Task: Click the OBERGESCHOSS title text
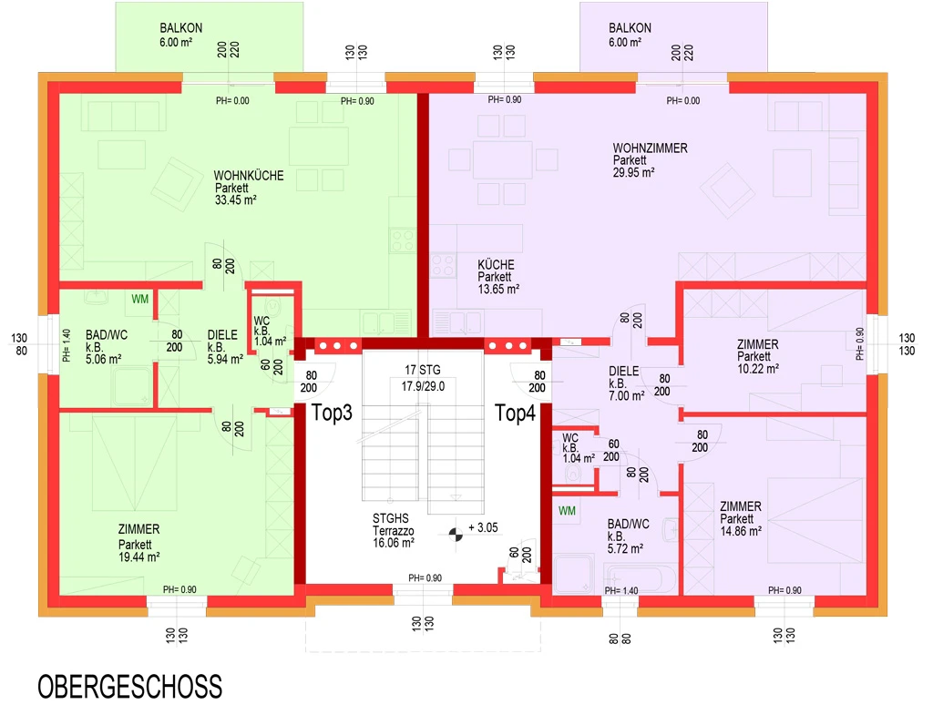(129, 687)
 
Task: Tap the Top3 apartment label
(332, 413)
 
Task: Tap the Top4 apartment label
(516, 413)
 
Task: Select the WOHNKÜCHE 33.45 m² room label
(248, 188)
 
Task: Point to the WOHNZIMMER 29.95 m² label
(650, 160)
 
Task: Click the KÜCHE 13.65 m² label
(498, 277)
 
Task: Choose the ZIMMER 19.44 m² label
(138, 543)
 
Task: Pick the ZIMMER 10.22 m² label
(757, 356)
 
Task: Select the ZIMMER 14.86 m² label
(741, 518)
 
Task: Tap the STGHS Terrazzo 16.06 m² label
(394, 531)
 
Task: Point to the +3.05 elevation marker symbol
(456, 534)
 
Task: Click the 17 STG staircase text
(423, 370)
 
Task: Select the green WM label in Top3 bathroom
(139, 299)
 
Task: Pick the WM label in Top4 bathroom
(567, 510)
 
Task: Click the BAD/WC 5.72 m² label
(628, 536)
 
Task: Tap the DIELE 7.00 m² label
(626, 383)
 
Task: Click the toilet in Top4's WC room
(573, 473)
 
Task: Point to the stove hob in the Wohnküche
(402, 240)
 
